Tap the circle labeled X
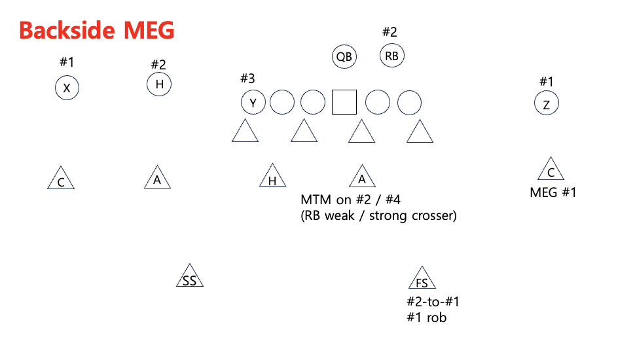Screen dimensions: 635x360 (66, 88)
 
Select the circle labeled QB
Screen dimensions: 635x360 (344, 56)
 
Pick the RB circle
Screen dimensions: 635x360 (392, 56)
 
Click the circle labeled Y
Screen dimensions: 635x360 (253, 103)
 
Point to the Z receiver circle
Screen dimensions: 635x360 (546, 104)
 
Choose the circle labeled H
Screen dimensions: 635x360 (159, 84)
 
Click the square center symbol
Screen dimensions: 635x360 (344, 103)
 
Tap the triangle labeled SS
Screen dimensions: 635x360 (190, 278)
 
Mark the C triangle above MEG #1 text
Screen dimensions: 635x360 (551, 170)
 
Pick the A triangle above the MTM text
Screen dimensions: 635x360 (361, 177)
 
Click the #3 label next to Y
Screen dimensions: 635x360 (247, 79)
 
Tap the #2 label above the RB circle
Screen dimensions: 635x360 (390, 31)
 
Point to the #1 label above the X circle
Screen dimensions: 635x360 (67, 62)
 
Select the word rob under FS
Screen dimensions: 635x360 (436, 317)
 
